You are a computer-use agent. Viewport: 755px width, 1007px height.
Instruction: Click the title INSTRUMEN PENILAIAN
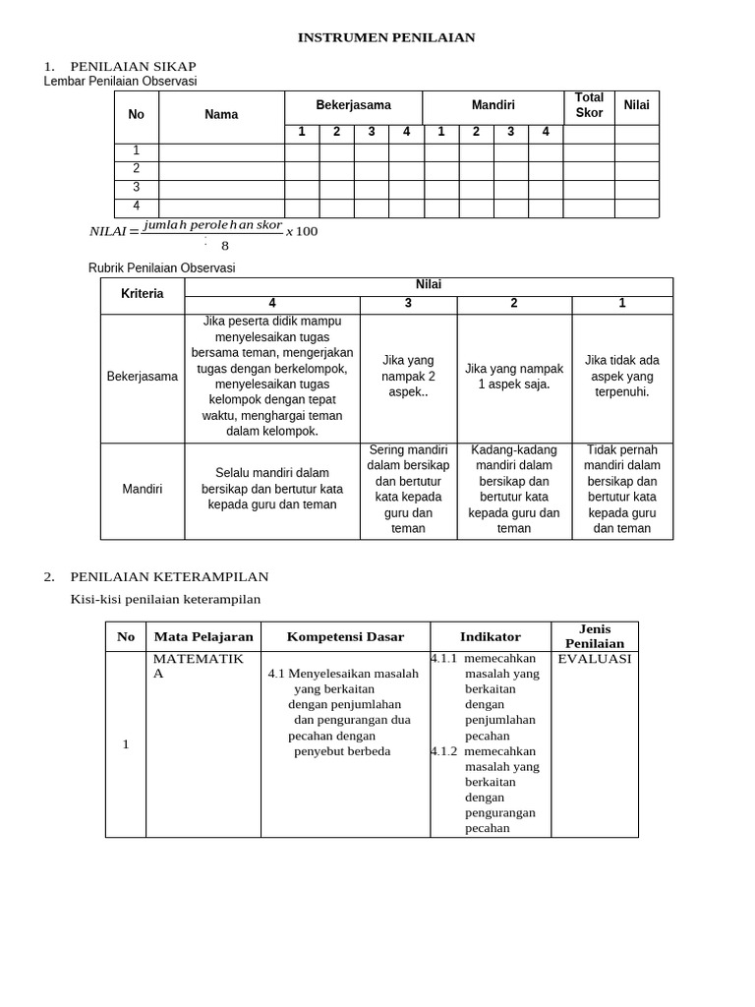(x=386, y=37)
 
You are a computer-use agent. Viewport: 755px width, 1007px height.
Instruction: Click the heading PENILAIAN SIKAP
(x=133, y=66)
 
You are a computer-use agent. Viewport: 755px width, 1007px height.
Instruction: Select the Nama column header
(x=221, y=115)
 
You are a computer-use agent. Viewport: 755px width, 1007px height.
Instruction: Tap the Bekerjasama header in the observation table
(x=353, y=105)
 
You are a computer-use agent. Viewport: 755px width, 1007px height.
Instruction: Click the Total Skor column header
(x=589, y=105)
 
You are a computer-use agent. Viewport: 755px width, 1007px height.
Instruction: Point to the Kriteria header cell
(x=143, y=294)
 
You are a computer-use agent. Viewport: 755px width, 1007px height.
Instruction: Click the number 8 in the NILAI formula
(x=225, y=246)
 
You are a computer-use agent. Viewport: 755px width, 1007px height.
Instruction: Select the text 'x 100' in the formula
(x=302, y=231)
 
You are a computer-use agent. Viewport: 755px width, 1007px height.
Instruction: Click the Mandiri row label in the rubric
(x=143, y=489)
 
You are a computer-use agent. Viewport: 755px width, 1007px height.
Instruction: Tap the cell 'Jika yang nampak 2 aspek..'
(x=408, y=377)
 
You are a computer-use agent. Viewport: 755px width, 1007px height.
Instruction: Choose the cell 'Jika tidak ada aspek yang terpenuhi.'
(x=622, y=377)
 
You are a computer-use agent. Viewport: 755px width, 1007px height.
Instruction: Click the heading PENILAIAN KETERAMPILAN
(x=169, y=576)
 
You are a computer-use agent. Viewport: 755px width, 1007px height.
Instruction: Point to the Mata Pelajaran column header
(x=203, y=636)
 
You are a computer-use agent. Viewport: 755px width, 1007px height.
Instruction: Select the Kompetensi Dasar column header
(x=345, y=636)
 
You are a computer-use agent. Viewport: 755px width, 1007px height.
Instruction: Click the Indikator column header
(x=491, y=636)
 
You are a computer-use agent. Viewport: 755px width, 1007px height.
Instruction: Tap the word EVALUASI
(x=595, y=659)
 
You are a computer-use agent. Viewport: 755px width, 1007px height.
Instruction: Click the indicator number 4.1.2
(x=443, y=751)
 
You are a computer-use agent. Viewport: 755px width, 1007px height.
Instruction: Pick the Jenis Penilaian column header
(x=595, y=636)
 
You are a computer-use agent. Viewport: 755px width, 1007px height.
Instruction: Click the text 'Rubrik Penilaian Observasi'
(x=162, y=267)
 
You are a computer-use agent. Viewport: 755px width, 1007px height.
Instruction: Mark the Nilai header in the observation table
(x=636, y=105)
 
